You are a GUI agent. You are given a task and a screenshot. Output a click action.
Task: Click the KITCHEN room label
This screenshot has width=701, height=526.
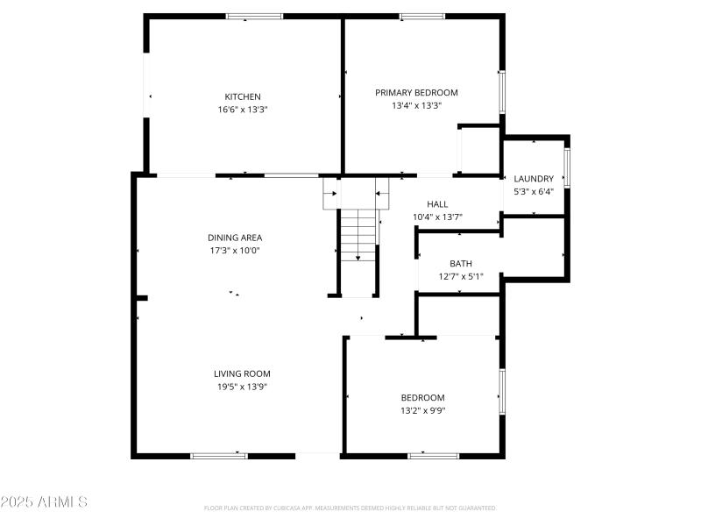(x=243, y=96)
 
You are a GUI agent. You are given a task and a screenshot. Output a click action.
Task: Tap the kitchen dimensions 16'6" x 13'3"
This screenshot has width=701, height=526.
(x=243, y=110)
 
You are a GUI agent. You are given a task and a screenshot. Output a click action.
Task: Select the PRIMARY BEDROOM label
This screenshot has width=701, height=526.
(x=416, y=92)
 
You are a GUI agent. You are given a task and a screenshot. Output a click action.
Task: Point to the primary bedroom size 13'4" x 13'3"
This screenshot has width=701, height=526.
(x=416, y=105)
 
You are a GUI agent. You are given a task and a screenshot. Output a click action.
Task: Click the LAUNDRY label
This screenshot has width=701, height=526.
(x=534, y=179)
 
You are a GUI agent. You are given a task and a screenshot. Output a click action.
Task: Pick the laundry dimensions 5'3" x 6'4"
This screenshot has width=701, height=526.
(x=534, y=191)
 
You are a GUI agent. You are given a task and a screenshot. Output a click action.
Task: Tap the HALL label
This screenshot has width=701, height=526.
(x=437, y=204)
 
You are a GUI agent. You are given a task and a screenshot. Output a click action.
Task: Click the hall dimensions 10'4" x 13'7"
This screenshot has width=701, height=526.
(x=437, y=217)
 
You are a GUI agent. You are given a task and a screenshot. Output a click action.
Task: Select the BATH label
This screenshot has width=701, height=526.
(x=461, y=263)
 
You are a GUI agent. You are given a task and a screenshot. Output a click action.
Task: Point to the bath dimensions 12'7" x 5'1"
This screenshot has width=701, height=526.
(x=461, y=276)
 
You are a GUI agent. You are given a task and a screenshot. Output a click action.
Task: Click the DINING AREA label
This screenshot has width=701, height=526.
(x=235, y=238)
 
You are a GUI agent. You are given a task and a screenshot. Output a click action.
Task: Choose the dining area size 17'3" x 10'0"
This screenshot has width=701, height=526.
(x=235, y=250)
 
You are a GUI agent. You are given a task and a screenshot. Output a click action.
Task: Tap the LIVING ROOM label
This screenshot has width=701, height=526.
(x=242, y=373)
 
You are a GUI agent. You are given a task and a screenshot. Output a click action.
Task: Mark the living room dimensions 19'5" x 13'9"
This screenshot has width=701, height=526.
(x=242, y=386)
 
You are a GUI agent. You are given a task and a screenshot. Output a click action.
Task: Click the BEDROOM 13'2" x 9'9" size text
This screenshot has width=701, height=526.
(x=423, y=409)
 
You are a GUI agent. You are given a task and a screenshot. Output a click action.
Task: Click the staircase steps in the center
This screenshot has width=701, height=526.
(x=358, y=234)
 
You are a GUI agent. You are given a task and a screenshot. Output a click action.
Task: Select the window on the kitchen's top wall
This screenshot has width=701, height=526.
(x=255, y=16)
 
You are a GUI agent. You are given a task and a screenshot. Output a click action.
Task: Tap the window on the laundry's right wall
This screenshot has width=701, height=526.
(x=567, y=168)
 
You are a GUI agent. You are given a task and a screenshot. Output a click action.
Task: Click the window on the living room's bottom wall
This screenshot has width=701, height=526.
(x=219, y=455)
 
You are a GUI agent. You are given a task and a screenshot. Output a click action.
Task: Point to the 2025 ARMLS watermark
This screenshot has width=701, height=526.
(x=44, y=502)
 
